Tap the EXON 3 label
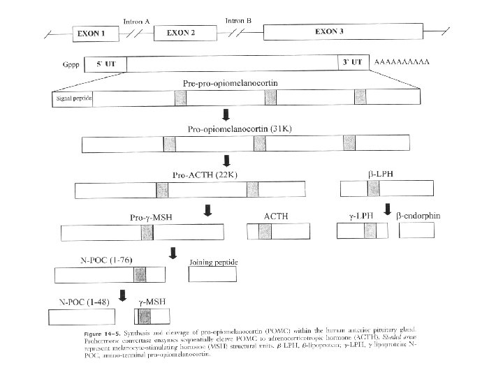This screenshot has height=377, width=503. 330,31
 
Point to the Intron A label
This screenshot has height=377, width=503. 136,21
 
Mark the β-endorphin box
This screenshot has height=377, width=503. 416,232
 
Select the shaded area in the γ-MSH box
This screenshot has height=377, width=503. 145,317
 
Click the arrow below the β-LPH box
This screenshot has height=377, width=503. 388,209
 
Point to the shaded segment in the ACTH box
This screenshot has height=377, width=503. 265,232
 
